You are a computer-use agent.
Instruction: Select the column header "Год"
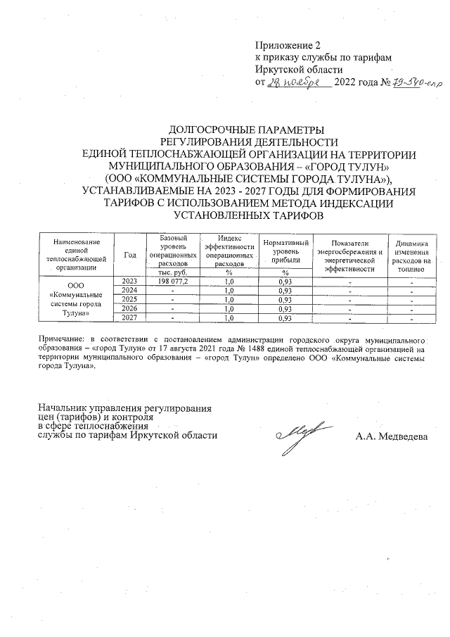(129, 255)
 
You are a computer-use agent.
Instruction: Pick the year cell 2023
(129, 281)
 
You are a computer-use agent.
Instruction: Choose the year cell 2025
(129, 299)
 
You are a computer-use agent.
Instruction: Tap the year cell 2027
(129, 318)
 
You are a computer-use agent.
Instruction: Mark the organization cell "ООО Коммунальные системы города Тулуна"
(75, 300)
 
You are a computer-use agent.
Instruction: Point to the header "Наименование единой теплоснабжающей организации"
(75, 255)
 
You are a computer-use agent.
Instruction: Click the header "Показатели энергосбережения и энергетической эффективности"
(349, 255)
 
